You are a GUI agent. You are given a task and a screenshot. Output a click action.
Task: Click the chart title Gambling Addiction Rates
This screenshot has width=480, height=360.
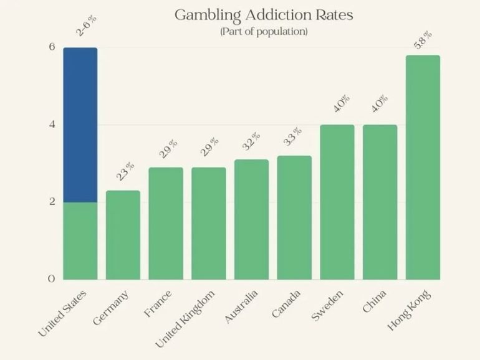(263, 14)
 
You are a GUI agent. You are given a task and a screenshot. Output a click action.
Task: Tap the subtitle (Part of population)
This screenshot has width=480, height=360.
(263, 31)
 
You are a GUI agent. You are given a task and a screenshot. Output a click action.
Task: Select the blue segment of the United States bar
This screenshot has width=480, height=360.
(80, 125)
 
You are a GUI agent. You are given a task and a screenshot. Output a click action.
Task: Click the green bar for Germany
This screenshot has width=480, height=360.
(123, 235)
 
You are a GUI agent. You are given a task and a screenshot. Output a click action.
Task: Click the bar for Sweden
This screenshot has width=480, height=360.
(337, 202)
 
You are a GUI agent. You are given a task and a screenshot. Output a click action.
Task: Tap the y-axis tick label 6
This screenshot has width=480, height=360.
(52, 47)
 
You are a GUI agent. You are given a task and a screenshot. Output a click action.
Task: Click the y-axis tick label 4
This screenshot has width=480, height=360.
(52, 125)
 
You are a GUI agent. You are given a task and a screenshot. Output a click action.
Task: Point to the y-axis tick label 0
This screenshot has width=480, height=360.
(52, 279)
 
